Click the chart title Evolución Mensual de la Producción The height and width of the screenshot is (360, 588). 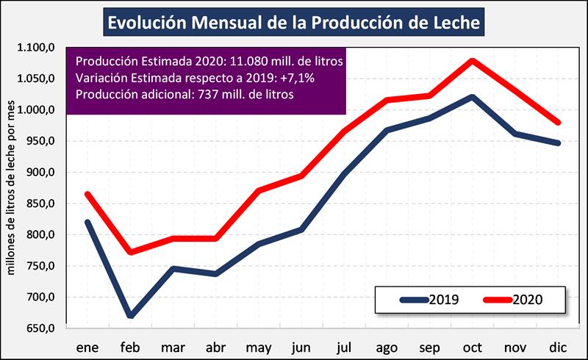click(294, 22)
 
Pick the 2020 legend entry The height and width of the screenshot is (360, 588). click(514, 300)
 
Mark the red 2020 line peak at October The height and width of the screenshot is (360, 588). click(472, 60)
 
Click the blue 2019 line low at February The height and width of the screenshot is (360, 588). click(131, 316)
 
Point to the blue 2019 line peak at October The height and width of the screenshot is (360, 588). click(472, 96)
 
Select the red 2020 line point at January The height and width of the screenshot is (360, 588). click(87, 194)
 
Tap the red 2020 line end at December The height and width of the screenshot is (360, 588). click(558, 123)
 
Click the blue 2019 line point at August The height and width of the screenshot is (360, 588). click(387, 130)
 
